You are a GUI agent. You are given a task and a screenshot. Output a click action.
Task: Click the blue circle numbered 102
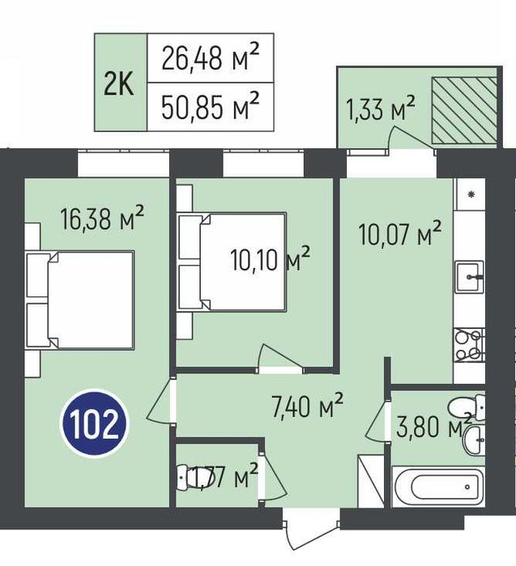click(x=95, y=423)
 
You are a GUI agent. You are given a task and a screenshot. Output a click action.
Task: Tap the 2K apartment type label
click(x=118, y=83)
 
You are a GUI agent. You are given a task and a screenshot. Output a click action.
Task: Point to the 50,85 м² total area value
click(x=210, y=106)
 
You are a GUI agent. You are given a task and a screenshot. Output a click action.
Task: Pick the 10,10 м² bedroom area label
click(x=270, y=259)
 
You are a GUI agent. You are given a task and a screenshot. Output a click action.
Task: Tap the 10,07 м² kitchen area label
click(x=400, y=233)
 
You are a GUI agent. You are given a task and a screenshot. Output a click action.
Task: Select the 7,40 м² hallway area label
click(x=307, y=406)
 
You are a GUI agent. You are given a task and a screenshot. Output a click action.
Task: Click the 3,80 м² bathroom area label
click(x=434, y=426)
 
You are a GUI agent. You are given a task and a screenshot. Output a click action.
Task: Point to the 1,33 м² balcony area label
click(x=380, y=108)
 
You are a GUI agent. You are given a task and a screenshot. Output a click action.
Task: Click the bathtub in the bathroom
click(x=438, y=486)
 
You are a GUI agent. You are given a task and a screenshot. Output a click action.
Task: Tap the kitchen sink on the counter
click(x=469, y=277)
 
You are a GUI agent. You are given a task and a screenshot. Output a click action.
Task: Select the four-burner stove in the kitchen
click(x=469, y=344)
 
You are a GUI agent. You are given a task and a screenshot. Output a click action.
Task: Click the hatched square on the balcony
click(x=464, y=110)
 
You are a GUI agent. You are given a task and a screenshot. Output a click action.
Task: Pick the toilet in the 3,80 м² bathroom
click(x=467, y=407)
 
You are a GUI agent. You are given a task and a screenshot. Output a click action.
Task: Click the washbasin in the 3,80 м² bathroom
click(x=474, y=440)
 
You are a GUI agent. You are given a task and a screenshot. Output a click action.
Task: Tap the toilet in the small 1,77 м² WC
click(x=186, y=478)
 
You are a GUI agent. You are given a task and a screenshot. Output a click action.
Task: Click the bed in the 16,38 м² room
click(x=79, y=300)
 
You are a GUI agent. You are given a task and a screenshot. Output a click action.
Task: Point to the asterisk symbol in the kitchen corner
click(x=471, y=194)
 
